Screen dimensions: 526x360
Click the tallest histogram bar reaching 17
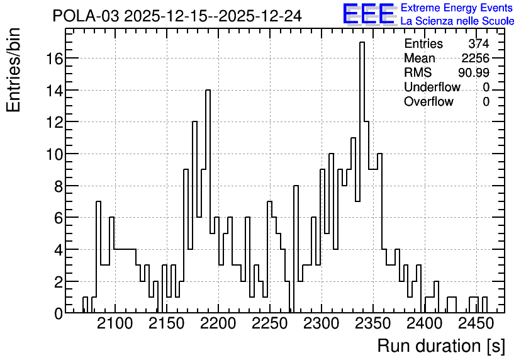(x=362, y=177)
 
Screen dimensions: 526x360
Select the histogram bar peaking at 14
(x=208, y=201)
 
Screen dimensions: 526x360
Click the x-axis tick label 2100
(x=115, y=323)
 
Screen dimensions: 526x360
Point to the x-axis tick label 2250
(x=270, y=323)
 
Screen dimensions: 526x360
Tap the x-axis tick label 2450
(x=476, y=323)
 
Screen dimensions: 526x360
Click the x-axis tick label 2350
(x=372, y=323)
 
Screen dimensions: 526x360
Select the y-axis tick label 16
(x=54, y=59)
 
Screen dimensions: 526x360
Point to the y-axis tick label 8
(x=59, y=186)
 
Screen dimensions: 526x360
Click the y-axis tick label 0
(x=59, y=314)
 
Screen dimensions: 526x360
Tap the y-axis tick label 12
(x=54, y=123)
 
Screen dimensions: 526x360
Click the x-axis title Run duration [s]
(x=441, y=346)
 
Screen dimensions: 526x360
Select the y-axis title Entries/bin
(x=13, y=70)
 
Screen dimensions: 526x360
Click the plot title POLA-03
(x=86, y=16)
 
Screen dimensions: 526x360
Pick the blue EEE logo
(x=369, y=14)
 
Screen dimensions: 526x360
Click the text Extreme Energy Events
(x=457, y=8)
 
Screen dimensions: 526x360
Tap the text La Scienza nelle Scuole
(x=457, y=21)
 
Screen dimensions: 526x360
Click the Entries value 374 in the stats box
(x=479, y=43)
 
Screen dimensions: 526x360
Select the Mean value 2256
(x=475, y=58)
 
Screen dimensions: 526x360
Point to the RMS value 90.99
(x=474, y=72)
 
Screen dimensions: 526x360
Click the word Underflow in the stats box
(x=432, y=87)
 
